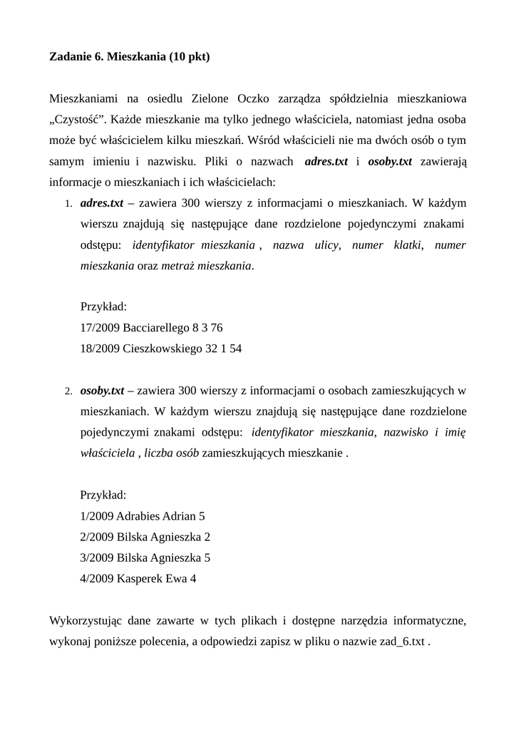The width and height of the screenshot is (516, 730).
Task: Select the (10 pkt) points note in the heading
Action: [190, 56]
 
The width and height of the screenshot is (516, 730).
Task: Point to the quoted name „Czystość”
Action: [76, 118]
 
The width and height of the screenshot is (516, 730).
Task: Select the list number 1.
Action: [68, 204]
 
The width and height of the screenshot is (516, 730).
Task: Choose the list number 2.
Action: [68, 391]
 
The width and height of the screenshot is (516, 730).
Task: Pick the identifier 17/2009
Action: [100, 328]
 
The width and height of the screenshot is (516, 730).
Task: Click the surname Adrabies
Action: [138, 515]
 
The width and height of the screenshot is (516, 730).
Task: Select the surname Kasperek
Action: [140, 578]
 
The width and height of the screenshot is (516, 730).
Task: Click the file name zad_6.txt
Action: [401, 641]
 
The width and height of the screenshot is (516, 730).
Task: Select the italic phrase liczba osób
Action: [171, 453]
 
